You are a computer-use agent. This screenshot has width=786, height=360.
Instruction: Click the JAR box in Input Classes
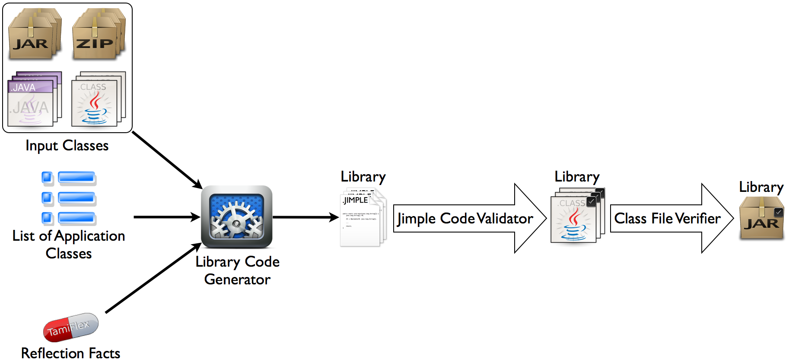point(34,35)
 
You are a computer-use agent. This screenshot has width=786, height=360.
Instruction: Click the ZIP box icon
point(97,35)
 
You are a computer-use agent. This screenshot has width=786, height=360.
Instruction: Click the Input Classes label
point(67,146)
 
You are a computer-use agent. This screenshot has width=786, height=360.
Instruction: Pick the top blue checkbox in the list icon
point(47,178)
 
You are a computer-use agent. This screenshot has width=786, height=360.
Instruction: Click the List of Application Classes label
point(68,245)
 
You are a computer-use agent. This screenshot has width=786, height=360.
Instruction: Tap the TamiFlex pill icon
point(71,327)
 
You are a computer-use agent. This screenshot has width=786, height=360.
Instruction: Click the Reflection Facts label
point(70,353)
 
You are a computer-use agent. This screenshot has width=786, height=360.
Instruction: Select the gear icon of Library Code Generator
point(236,217)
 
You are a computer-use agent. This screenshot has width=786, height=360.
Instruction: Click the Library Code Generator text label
point(237,271)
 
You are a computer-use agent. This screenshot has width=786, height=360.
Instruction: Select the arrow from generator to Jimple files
point(305,217)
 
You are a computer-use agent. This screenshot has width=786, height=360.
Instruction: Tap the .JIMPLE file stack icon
point(362,218)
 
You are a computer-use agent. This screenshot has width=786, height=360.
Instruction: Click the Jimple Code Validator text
point(465,219)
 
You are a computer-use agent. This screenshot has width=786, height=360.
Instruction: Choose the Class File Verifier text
point(667,219)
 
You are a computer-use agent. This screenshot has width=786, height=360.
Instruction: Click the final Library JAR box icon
point(761,218)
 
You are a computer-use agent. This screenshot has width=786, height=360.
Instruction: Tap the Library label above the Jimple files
point(363,177)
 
